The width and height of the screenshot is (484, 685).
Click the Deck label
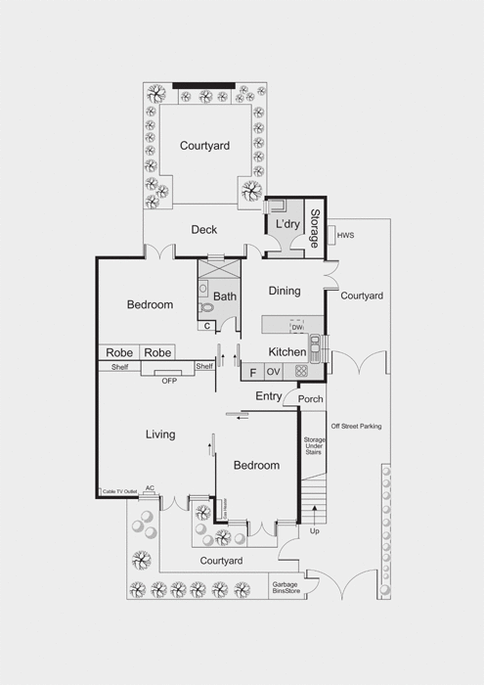[203, 230]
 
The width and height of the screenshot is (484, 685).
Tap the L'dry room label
[286, 224]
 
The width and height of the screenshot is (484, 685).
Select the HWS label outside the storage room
[344, 236]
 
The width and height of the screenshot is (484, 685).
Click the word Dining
[285, 291]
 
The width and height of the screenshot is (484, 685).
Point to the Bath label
[225, 296]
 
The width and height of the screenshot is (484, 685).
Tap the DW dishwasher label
[296, 327]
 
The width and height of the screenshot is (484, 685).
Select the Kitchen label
[287, 351]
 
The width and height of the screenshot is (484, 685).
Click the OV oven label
[274, 372]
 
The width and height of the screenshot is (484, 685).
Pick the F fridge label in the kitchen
[252, 372]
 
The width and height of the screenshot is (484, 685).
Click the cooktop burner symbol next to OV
[301, 372]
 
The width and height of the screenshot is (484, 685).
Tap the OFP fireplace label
[168, 379]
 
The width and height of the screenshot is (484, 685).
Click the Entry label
[268, 396]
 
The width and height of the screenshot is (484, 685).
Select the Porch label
[310, 398]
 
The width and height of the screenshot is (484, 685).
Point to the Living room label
[160, 434]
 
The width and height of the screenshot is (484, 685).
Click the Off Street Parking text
[356, 427]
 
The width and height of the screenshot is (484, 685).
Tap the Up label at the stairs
[313, 531]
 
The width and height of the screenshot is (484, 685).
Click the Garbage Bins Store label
[286, 588]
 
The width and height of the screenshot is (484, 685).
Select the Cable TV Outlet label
[118, 491]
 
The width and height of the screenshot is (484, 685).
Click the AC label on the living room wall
[150, 487]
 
